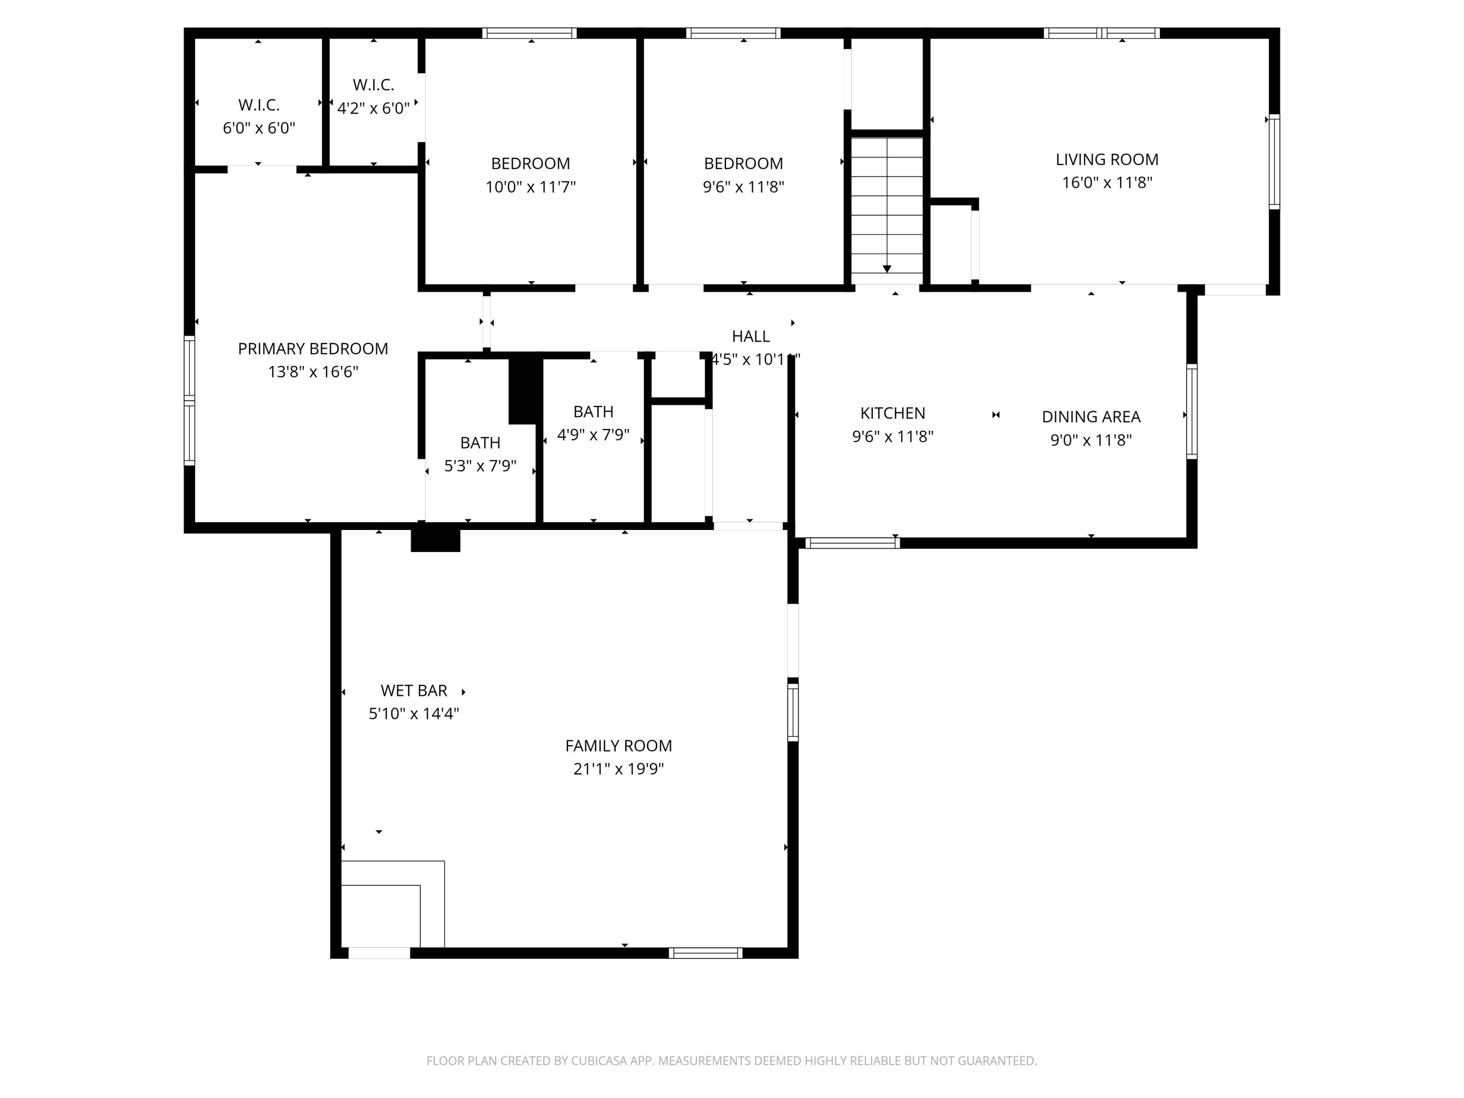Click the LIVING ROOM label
1107,160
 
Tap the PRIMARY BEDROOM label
313,349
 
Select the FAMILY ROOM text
618,746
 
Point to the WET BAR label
414,691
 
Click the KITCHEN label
892,413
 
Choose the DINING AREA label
1091,417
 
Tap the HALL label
751,336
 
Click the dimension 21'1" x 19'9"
618,769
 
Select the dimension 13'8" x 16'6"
313,372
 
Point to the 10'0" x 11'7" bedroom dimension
531,186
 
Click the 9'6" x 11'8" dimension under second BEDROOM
743,186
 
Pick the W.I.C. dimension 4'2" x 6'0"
373,108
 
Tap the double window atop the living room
1102,33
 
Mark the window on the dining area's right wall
1192,411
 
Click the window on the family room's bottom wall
706,953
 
